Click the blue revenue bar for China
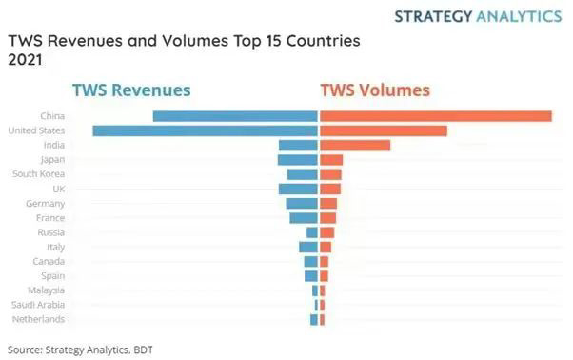tap(234, 116)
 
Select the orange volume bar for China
tap(436, 116)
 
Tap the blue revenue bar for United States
tap(204, 130)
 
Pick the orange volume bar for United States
tap(384, 130)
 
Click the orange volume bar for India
tap(355, 145)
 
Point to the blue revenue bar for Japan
tap(297, 160)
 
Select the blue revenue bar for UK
tap(298, 189)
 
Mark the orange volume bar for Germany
tap(328, 204)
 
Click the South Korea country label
tap(38, 174)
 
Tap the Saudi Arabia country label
tap(38, 305)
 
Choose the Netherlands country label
tap(39, 319)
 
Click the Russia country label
tap(50, 232)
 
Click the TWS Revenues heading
tap(131, 90)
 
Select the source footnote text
tap(72, 348)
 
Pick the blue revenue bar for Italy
tap(307, 247)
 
